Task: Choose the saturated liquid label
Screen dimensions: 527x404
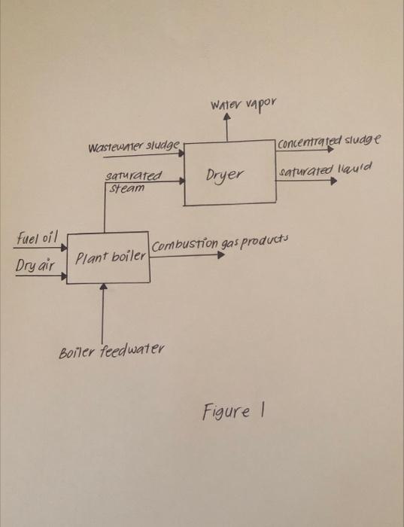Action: click(326, 172)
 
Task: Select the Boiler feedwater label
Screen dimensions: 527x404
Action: click(111, 351)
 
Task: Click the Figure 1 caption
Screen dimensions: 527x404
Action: click(232, 412)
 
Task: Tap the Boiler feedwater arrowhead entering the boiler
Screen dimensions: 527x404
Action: click(104, 287)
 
